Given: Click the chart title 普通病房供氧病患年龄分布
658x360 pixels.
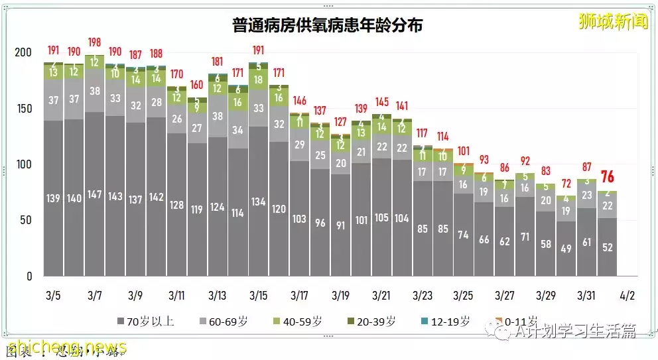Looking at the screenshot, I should pos(328,26).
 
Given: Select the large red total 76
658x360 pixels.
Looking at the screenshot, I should pos(607,178).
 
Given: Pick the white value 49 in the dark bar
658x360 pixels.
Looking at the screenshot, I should pos(566,249).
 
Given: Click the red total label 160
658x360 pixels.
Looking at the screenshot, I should pos(197,85).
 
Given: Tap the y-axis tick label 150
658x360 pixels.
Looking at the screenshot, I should pos(24,109).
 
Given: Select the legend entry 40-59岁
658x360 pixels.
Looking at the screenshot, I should pos(301,322).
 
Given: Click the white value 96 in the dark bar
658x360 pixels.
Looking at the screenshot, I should pos(320,223).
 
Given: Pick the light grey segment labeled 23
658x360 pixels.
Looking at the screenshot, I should pos(586,196).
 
